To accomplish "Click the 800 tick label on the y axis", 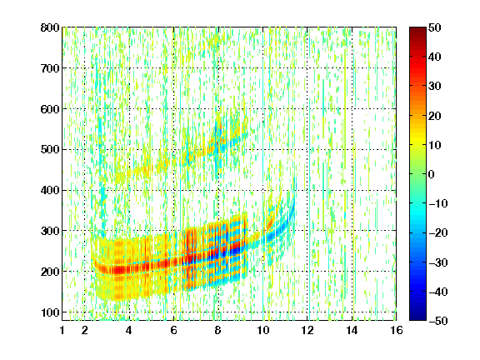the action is point(50,27).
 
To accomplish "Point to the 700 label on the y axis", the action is point(50,68).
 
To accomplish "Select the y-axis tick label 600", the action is point(50,109).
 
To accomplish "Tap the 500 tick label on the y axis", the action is point(50,150).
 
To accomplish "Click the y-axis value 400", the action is point(50,190).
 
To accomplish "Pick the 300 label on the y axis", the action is point(50,231).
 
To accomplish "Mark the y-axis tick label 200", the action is point(50,272).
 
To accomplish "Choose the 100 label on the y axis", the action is point(50,312).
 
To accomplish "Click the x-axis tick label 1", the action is point(62,330).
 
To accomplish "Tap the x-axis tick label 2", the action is point(85,330).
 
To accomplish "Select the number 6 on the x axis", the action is point(173,330).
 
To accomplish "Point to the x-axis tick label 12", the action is point(307,330).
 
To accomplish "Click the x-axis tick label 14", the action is point(352,330).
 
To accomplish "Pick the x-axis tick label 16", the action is point(397,330).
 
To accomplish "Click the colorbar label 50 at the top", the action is point(434,27).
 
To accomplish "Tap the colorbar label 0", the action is point(432,174).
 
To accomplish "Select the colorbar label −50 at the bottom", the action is point(438,321).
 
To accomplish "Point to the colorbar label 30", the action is point(434,87).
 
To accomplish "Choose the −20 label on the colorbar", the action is point(438,233).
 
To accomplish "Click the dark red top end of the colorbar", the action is point(417,30).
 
